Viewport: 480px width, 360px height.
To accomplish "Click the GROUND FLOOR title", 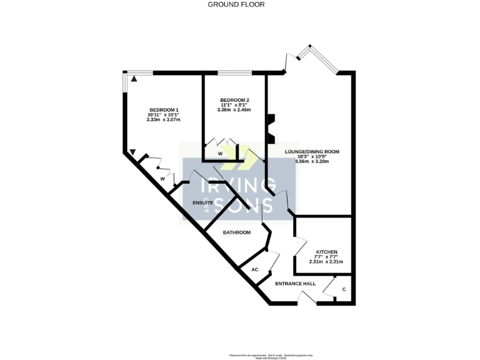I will point(236,4).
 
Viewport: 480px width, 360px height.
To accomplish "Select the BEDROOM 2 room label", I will point(234,100).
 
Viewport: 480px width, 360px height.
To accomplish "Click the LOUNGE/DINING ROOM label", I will point(311,151).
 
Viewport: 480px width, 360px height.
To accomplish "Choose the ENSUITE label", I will point(203,203).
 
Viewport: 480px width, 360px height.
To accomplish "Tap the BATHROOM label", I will point(237,232).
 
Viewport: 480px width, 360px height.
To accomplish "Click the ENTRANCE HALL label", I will point(296,283).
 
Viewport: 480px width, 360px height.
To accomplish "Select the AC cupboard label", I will point(254,269).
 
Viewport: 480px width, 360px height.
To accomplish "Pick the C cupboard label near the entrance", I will point(344,289).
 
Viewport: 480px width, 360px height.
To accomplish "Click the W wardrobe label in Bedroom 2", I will point(220,153).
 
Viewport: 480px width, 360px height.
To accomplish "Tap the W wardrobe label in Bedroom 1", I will point(162,179).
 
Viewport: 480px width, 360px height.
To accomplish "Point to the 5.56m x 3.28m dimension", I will point(311,161).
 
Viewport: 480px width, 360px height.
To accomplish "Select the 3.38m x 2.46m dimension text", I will point(234,110).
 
